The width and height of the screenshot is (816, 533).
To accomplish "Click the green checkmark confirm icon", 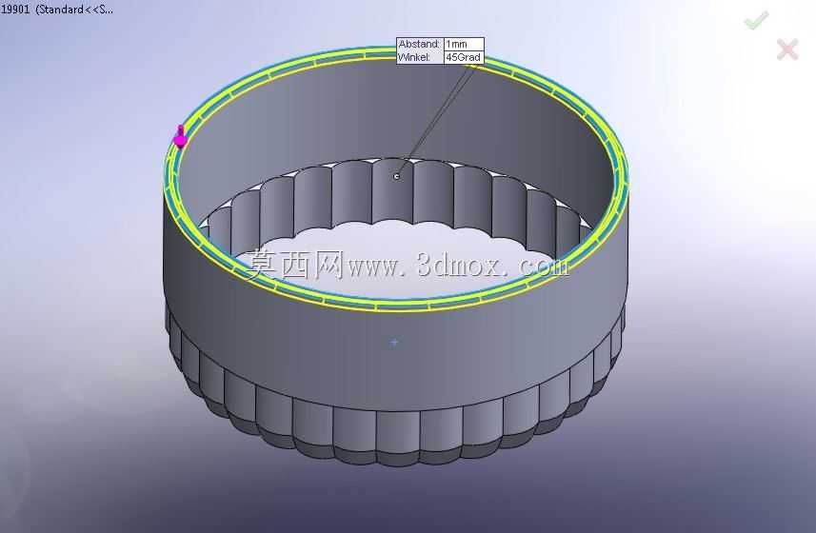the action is click(756, 20).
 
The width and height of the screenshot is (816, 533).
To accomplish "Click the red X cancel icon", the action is click(787, 49).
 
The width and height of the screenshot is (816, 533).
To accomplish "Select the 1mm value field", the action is click(463, 44).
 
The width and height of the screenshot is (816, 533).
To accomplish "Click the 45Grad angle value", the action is click(463, 57).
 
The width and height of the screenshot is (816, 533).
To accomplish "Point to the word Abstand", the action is click(419, 44).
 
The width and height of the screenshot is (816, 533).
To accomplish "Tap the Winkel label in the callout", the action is click(414, 57).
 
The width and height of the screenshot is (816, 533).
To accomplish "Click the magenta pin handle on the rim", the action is click(180, 137).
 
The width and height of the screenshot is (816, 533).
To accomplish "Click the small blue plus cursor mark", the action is click(394, 343).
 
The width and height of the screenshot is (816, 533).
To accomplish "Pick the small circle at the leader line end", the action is click(396, 176).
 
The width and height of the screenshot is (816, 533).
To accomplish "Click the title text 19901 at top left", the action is click(15, 10).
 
